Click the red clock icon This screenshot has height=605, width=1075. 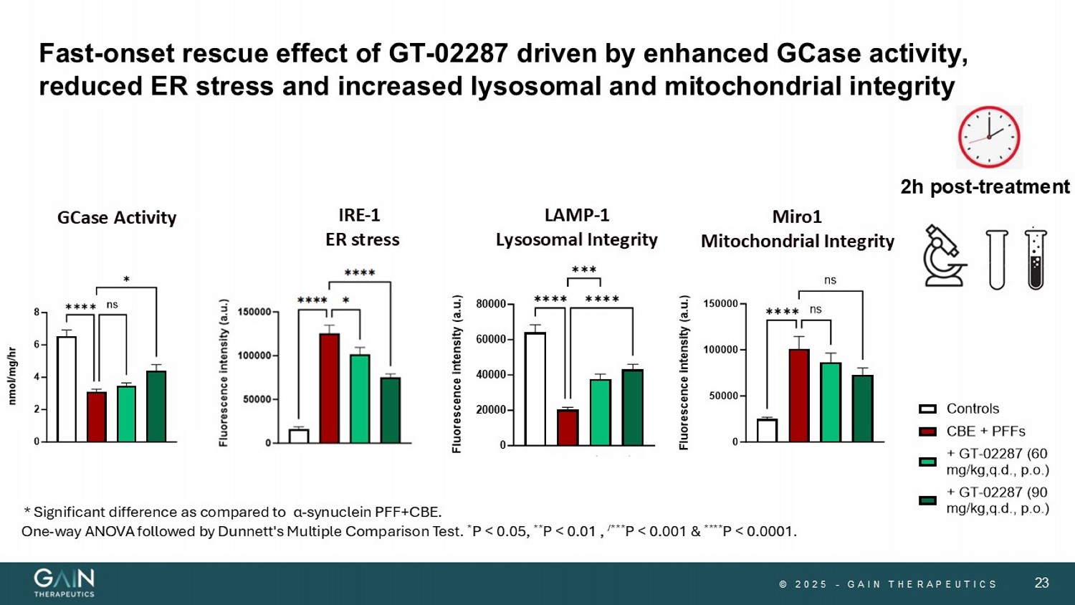click(x=989, y=137)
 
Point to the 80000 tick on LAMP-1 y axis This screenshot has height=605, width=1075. click(x=492, y=304)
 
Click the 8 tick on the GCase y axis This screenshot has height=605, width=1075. click(x=37, y=313)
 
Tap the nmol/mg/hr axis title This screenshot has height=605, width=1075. click(x=11, y=376)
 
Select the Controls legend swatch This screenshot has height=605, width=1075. click(x=927, y=409)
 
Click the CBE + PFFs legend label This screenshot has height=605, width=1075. click(x=985, y=432)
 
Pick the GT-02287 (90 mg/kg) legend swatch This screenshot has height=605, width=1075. click(x=927, y=500)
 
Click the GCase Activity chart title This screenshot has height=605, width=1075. click(x=117, y=218)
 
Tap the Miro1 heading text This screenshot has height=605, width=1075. click(x=797, y=216)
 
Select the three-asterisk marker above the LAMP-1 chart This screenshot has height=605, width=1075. click(x=584, y=270)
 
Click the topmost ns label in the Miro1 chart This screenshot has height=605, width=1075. click(x=830, y=280)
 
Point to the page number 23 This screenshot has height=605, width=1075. click(x=1041, y=583)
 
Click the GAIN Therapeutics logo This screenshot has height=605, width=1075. click(x=64, y=582)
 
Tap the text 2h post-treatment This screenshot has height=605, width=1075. click(x=985, y=187)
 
